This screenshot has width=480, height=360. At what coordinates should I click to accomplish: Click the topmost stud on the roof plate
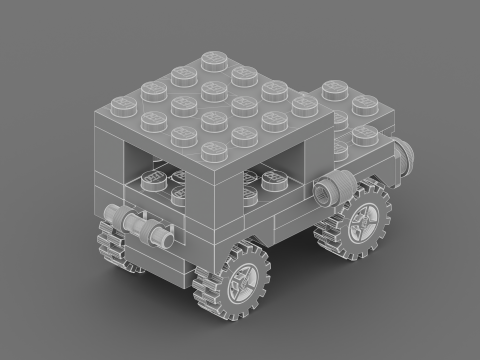[212, 59]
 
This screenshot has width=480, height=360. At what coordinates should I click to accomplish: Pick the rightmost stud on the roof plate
[304, 106]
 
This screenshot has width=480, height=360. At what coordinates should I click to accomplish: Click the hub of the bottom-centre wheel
[244, 282]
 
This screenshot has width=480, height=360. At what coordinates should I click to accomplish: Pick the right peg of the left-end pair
[158, 235]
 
